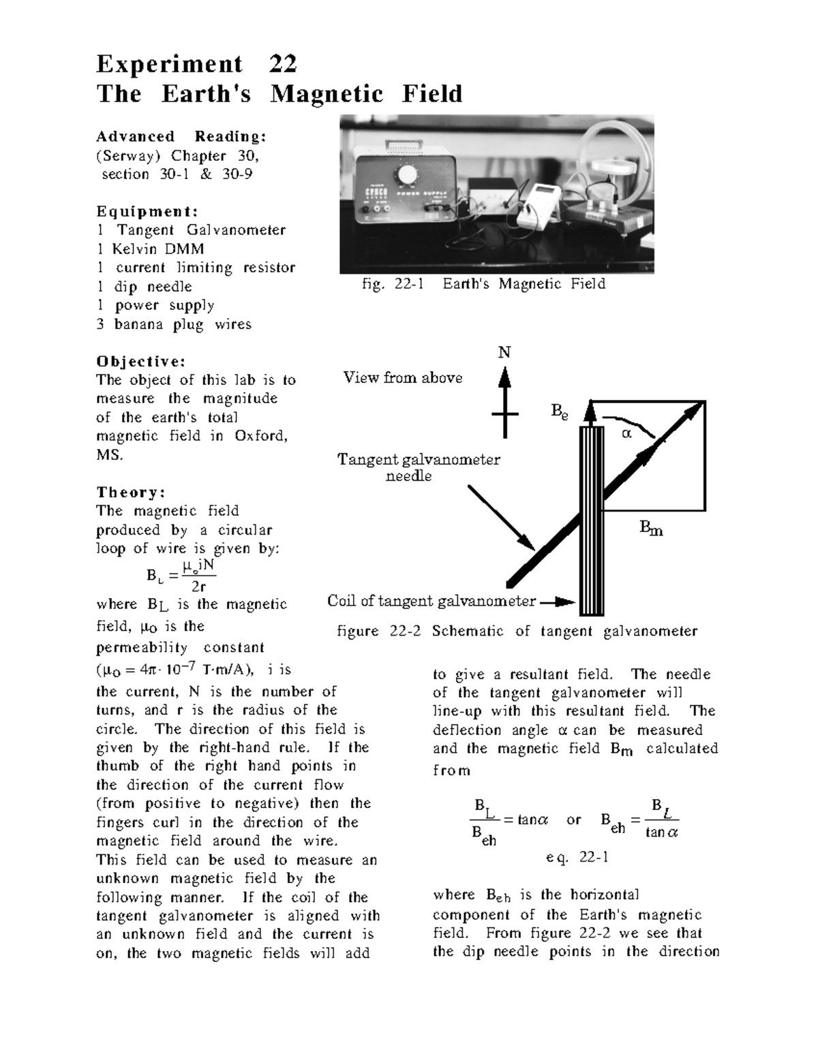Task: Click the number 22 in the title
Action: pyautogui.click(x=282, y=64)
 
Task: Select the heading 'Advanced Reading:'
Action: pyautogui.click(x=181, y=136)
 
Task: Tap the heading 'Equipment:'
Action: pyautogui.click(x=147, y=211)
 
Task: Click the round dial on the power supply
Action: pyautogui.click(x=407, y=175)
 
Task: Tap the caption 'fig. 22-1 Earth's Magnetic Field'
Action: pyautogui.click(x=483, y=284)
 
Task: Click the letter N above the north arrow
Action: pyautogui.click(x=504, y=352)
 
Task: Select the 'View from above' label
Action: pyautogui.click(x=402, y=377)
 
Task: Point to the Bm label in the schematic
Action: pyautogui.click(x=651, y=528)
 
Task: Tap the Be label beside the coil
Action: pyautogui.click(x=559, y=412)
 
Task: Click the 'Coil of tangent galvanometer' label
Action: pyautogui.click(x=431, y=601)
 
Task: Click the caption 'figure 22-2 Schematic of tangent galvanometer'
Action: pyautogui.click(x=517, y=632)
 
